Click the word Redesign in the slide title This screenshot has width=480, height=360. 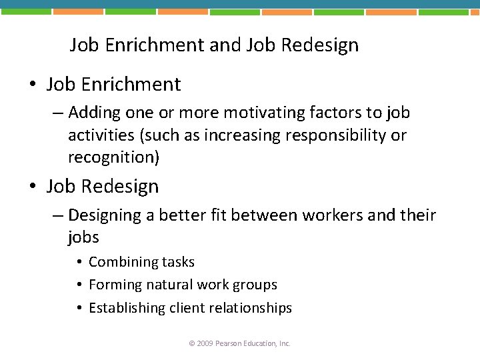point(319,45)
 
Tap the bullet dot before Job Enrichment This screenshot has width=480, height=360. point(32,85)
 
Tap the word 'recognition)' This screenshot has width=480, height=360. point(114,157)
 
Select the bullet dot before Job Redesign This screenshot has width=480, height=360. point(32,187)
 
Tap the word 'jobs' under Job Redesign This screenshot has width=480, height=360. point(83,237)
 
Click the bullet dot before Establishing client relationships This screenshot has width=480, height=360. point(79,308)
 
